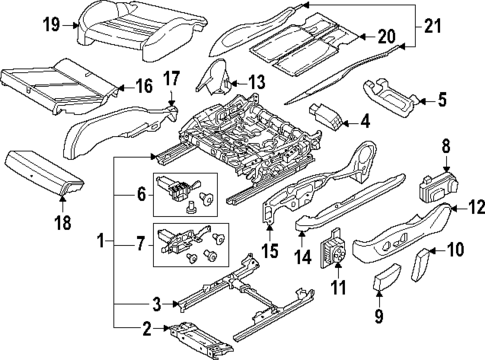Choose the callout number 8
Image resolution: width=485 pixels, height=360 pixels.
[x=446, y=146]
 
